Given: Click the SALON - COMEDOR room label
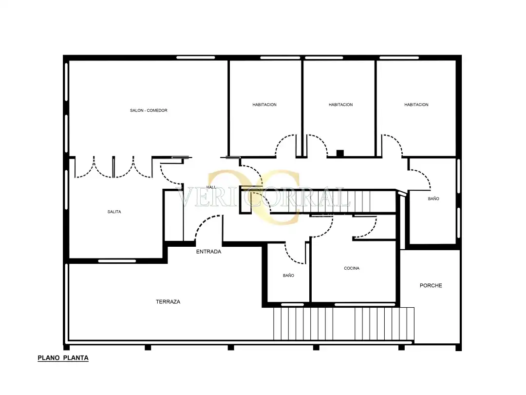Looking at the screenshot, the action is tap(149, 110).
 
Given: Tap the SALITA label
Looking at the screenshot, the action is tap(114, 212).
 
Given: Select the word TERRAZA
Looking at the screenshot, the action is tap(168, 302).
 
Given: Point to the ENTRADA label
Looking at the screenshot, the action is tap(208, 252).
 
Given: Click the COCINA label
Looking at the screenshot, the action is tap(352, 268).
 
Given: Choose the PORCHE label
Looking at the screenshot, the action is tap(431, 285).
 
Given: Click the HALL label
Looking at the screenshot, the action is tap(211, 187).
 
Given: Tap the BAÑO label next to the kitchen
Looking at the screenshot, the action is tap(288, 276).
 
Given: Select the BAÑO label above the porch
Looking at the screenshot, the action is tap(433, 198).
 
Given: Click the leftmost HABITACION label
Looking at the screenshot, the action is tap(264, 104).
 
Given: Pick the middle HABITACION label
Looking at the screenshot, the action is tap(340, 104).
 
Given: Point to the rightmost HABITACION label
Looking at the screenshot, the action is tap(416, 104).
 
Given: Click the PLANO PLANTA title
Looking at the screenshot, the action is tap(63, 358).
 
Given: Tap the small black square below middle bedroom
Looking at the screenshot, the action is tap(340, 153).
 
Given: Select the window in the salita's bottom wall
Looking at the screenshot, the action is tap(117, 261).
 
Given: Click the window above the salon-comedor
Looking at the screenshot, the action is tap(196, 58).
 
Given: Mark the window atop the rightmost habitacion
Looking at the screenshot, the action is tap(399, 58).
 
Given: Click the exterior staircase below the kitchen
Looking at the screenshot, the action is tap(343, 324).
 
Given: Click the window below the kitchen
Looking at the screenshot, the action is tap(365, 305).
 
